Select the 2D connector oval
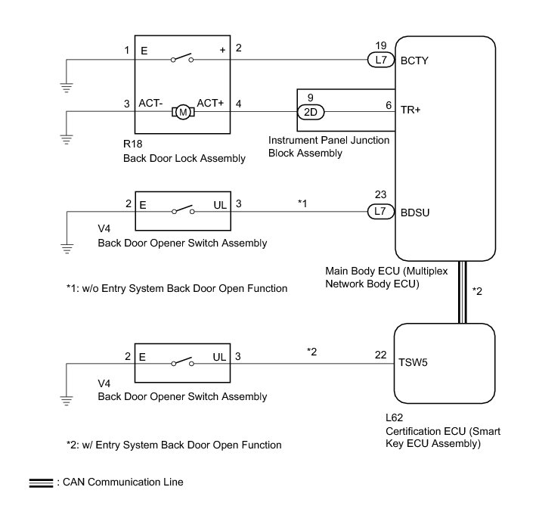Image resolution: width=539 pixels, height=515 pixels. coord(311,112)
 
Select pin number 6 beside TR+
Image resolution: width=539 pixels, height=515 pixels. coord(389,104)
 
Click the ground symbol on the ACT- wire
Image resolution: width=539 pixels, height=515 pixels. coord(67,138)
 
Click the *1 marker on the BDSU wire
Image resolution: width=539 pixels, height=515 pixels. coord(302,203)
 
